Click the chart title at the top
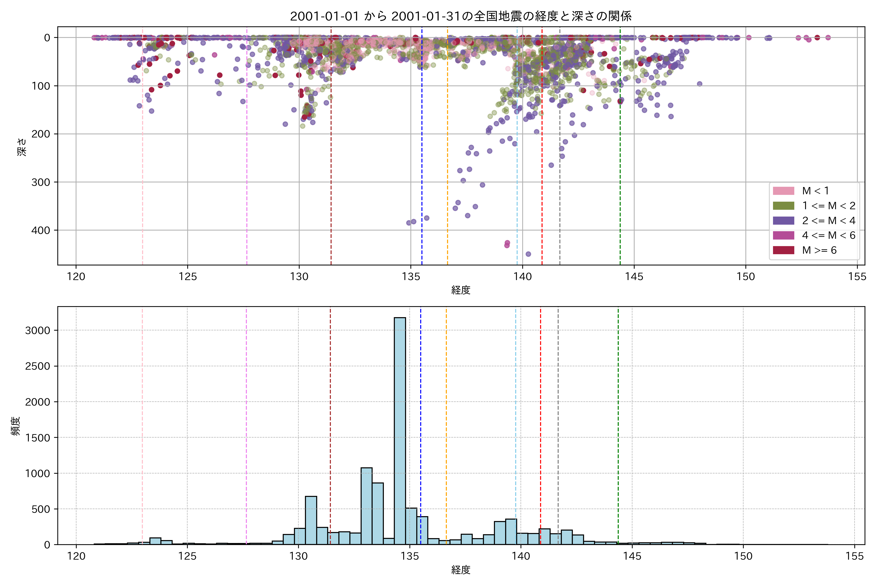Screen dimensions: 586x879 (x=460, y=16)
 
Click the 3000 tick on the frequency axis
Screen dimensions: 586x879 (x=37, y=330)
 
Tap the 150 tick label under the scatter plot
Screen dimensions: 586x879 (x=746, y=277)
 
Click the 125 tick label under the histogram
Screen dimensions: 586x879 (x=187, y=556)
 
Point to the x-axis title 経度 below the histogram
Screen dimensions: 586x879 (x=460, y=570)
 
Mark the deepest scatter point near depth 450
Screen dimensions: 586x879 (x=528, y=254)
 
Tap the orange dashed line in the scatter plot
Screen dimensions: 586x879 (x=447, y=149)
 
